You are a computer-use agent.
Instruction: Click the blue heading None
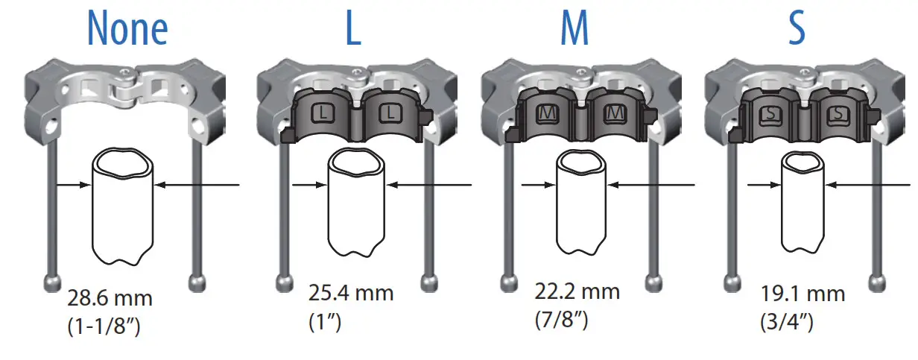pos(127,29)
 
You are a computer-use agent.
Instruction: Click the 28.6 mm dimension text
pos(110,300)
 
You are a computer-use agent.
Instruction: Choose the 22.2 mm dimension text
pos(577,291)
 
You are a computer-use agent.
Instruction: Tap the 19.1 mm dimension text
pos(803,294)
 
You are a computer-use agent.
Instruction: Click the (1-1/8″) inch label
pos(106,326)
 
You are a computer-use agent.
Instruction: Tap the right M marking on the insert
pos(615,113)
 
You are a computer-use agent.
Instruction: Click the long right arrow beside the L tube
pos(432,185)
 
